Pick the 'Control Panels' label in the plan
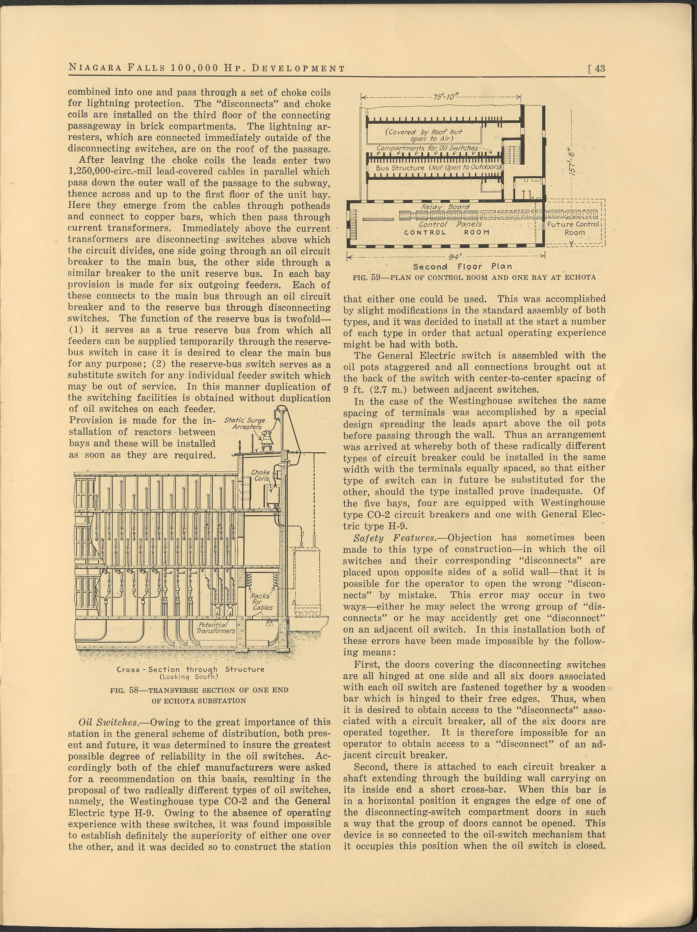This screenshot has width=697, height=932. pyautogui.click(x=450, y=225)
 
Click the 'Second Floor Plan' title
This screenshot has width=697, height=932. pyautogui.click(x=462, y=266)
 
